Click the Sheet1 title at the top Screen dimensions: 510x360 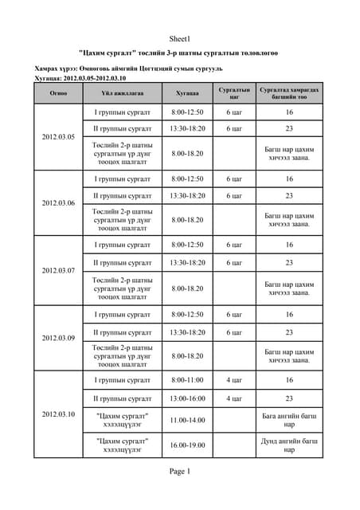[179, 38]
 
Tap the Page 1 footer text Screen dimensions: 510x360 [179, 471]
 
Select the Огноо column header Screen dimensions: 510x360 [57, 93]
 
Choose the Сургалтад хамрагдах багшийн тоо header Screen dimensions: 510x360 [289, 93]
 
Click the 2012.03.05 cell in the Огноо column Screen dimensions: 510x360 [57, 137]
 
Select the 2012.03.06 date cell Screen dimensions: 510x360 [57, 203]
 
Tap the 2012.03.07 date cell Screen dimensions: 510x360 [57, 270]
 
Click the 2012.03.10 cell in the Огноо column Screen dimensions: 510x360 [57, 414]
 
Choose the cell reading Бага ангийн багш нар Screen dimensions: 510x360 [289, 419]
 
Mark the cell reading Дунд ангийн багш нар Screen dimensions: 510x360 [289, 445]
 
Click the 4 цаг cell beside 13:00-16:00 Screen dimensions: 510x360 [234, 398]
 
